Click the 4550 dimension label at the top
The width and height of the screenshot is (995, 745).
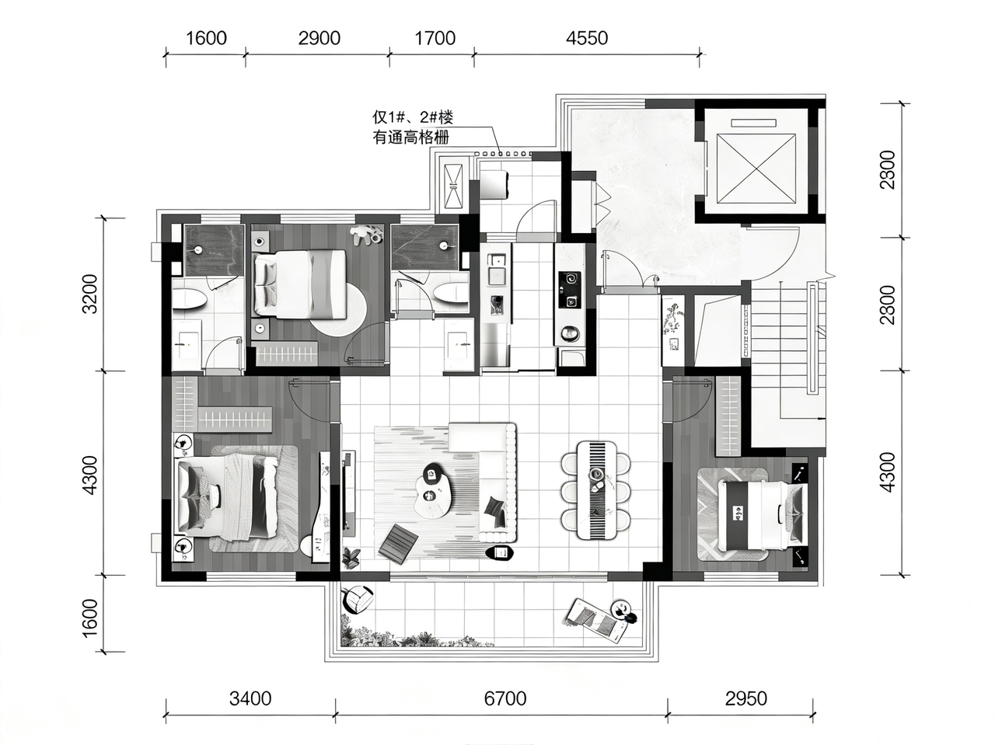587,39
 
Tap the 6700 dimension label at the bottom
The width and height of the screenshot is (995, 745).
505,699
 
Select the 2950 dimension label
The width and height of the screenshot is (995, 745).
746,699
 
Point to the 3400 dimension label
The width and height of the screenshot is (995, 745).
250,699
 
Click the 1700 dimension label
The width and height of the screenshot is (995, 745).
435,39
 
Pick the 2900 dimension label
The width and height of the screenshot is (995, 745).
319,39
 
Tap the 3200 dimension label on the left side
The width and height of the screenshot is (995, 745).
90,294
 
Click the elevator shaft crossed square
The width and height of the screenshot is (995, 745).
756,168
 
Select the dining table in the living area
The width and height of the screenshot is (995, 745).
596,490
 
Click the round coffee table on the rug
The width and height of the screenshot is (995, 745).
434,491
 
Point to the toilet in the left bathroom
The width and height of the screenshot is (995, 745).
190,299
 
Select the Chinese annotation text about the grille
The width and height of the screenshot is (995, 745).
413,127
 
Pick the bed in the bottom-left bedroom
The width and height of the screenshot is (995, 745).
228,497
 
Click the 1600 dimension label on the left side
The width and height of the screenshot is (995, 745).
90,618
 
